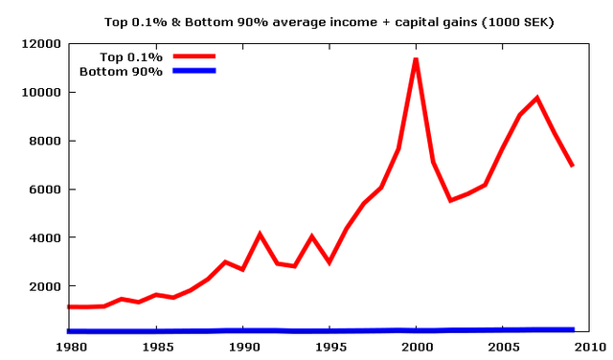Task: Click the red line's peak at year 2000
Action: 416,59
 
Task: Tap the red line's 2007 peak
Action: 537,98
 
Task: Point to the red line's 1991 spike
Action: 260,234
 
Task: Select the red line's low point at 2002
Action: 450,200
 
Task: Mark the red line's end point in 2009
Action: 572,166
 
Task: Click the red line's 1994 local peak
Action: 311,236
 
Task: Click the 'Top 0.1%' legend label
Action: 135,56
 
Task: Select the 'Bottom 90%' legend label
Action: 122,71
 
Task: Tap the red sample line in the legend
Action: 194,56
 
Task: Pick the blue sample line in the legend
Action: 194,71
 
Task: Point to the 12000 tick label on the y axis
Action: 40,44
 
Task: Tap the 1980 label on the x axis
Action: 69,346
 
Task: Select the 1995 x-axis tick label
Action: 329,346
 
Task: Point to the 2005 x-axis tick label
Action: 503,346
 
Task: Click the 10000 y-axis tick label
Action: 40,93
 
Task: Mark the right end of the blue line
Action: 573,329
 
